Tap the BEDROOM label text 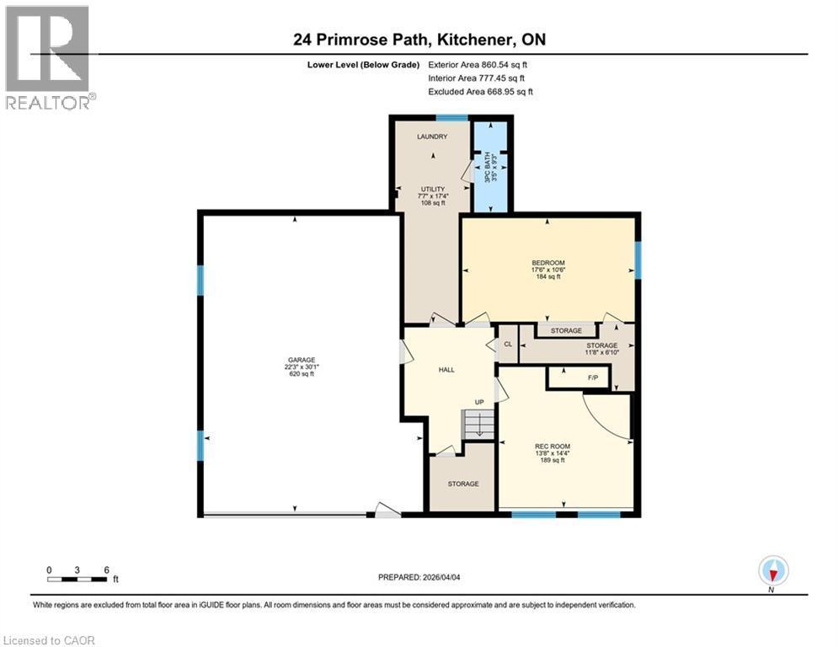pyautogui.click(x=547, y=263)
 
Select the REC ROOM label pyautogui.click(x=552, y=446)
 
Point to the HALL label pyautogui.click(x=446, y=370)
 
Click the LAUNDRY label pyautogui.click(x=432, y=136)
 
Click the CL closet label pyautogui.click(x=508, y=345)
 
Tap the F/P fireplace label pyautogui.click(x=592, y=377)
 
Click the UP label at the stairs pyautogui.click(x=479, y=402)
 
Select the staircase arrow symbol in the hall pyautogui.click(x=478, y=425)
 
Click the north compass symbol pyautogui.click(x=772, y=571)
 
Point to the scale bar pyautogui.click(x=77, y=579)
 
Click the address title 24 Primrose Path pyautogui.click(x=419, y=40)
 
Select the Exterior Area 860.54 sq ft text pyautogui.click(x=478, y=65)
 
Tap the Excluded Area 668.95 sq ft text pyautogui.click(x=480, y=92)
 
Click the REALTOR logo pyautogui.click(x=49, y=57)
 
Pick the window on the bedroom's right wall pyautogui.click(x=638, y=260)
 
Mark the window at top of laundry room pyautogui.click(x=452, y=118)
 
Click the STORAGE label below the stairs pyautogui.click(x=462, y=484)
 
